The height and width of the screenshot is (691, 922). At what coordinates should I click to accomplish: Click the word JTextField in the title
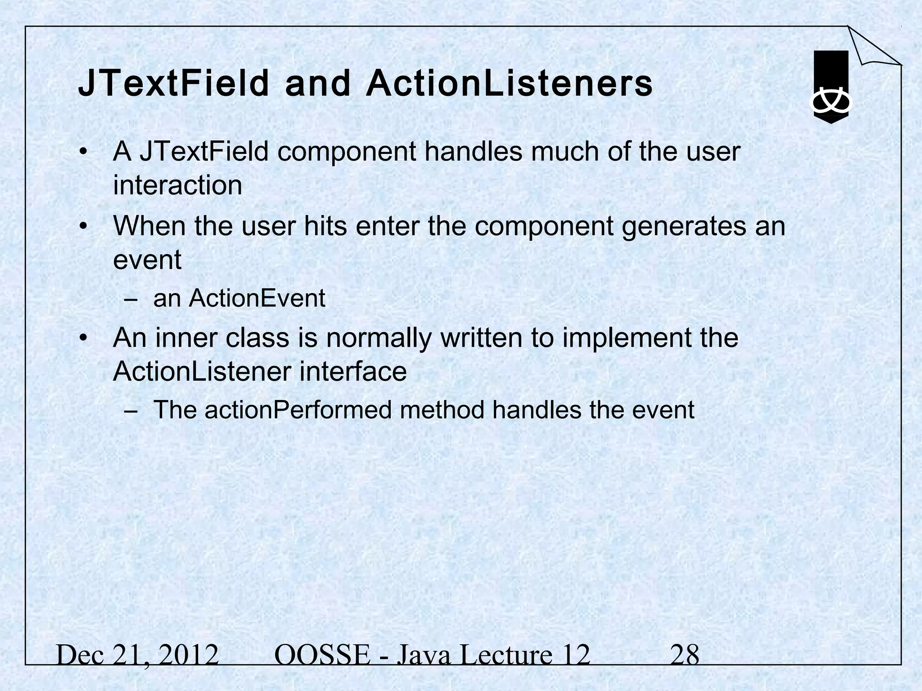173,84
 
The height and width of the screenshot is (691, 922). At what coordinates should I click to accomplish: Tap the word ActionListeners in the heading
509,84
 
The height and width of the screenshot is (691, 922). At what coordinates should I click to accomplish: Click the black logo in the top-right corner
831,86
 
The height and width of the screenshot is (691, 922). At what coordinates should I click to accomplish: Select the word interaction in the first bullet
177,185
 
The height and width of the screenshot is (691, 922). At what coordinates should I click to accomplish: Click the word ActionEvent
257,298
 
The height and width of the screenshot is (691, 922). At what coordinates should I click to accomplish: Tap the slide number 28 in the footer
685,655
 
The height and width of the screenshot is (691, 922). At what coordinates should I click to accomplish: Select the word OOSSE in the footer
322,655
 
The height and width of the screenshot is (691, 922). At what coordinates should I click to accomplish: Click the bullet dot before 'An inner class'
82,338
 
